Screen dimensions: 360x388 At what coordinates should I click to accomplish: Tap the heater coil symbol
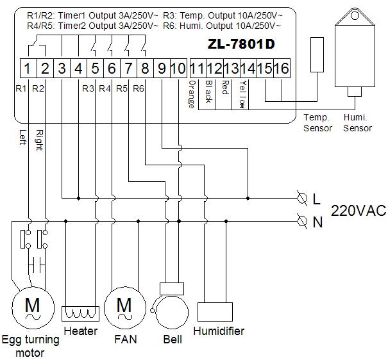click(81, 313)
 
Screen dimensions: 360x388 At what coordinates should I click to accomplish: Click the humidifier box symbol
click(214, 312)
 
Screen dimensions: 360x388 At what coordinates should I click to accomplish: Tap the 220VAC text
click(358, 211)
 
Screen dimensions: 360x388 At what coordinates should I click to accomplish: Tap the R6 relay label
click(139, 89)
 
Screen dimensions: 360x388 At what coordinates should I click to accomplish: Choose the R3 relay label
click(89, 89)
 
